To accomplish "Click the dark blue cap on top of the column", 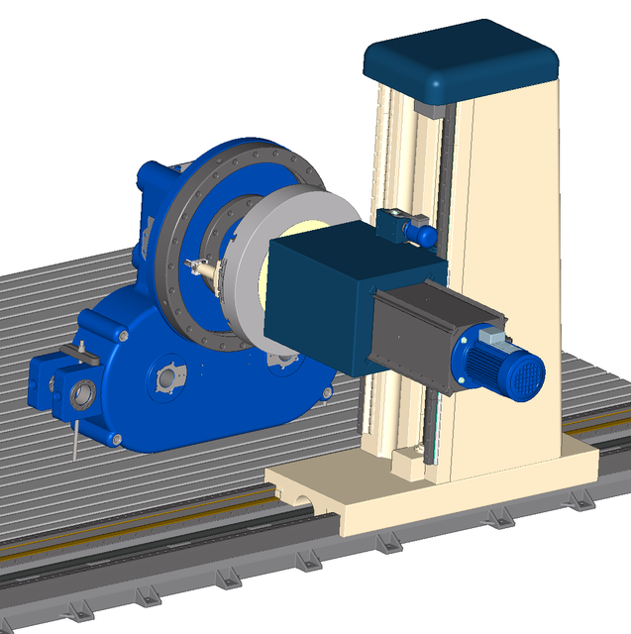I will (460, 59).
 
